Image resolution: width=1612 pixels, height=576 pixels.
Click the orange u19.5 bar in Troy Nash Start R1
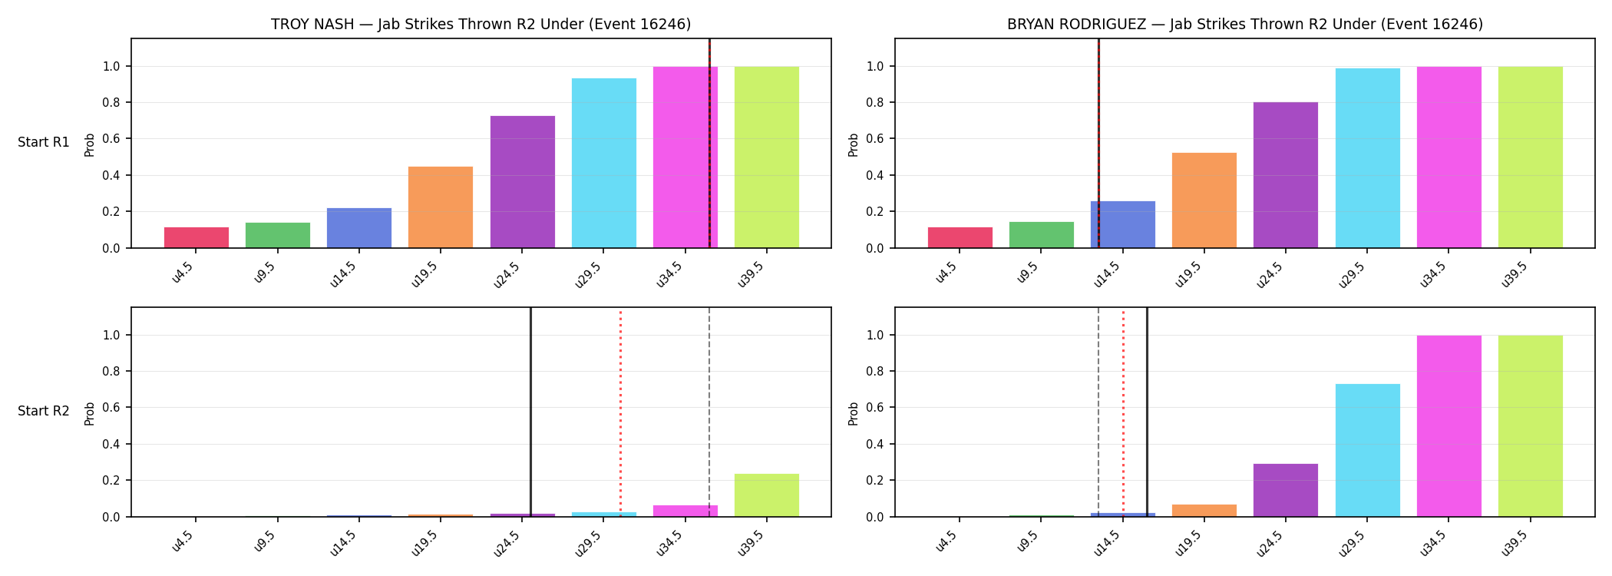click(x=441, y=207)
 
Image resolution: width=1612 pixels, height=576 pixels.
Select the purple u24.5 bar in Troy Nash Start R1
click(x=522, y=182)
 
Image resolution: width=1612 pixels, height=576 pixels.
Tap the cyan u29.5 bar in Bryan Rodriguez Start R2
click(x=1367, y=450)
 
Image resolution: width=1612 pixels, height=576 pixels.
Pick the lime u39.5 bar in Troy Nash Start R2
click(x=767, y=495)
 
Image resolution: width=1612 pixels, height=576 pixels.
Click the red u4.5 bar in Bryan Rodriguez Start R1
click(x=960, y=237)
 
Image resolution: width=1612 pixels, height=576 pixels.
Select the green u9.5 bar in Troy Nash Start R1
click(x=278, y=235)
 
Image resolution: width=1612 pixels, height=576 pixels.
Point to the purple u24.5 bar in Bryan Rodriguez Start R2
click(x=1286, y=490)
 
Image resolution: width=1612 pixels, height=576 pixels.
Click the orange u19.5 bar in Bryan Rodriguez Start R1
click(x=1204, y=200)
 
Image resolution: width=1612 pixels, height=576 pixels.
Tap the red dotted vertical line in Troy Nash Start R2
click(x=620, y=412)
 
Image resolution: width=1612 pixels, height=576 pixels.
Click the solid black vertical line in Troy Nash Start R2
click(x=530, y=412)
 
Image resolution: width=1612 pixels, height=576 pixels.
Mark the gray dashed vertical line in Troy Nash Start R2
click(x=709, y=412)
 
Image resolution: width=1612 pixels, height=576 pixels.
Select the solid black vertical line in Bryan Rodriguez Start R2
click(x=1147, y=412)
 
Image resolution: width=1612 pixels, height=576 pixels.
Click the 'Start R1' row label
click(x=44, y=143)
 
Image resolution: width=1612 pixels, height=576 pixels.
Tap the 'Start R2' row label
click(x=44, y=412)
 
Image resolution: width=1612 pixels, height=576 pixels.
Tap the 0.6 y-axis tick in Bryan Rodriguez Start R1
click(x=875, y=139)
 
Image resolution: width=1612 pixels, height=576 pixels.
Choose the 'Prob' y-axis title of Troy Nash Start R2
click(x=90, y=413)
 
